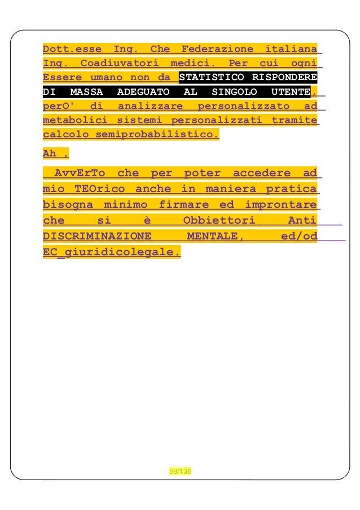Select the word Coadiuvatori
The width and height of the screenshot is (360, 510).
click(x=119, y=63)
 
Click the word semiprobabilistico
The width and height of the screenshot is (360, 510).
click(x=157, y=135)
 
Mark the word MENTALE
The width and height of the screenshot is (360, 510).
click(x=215, y=236)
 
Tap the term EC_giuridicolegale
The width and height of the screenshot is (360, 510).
click(x=112, y=252)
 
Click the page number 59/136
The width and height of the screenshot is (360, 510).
click(x=180, y=471)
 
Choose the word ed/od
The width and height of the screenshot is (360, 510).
click(x=299, y=236)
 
